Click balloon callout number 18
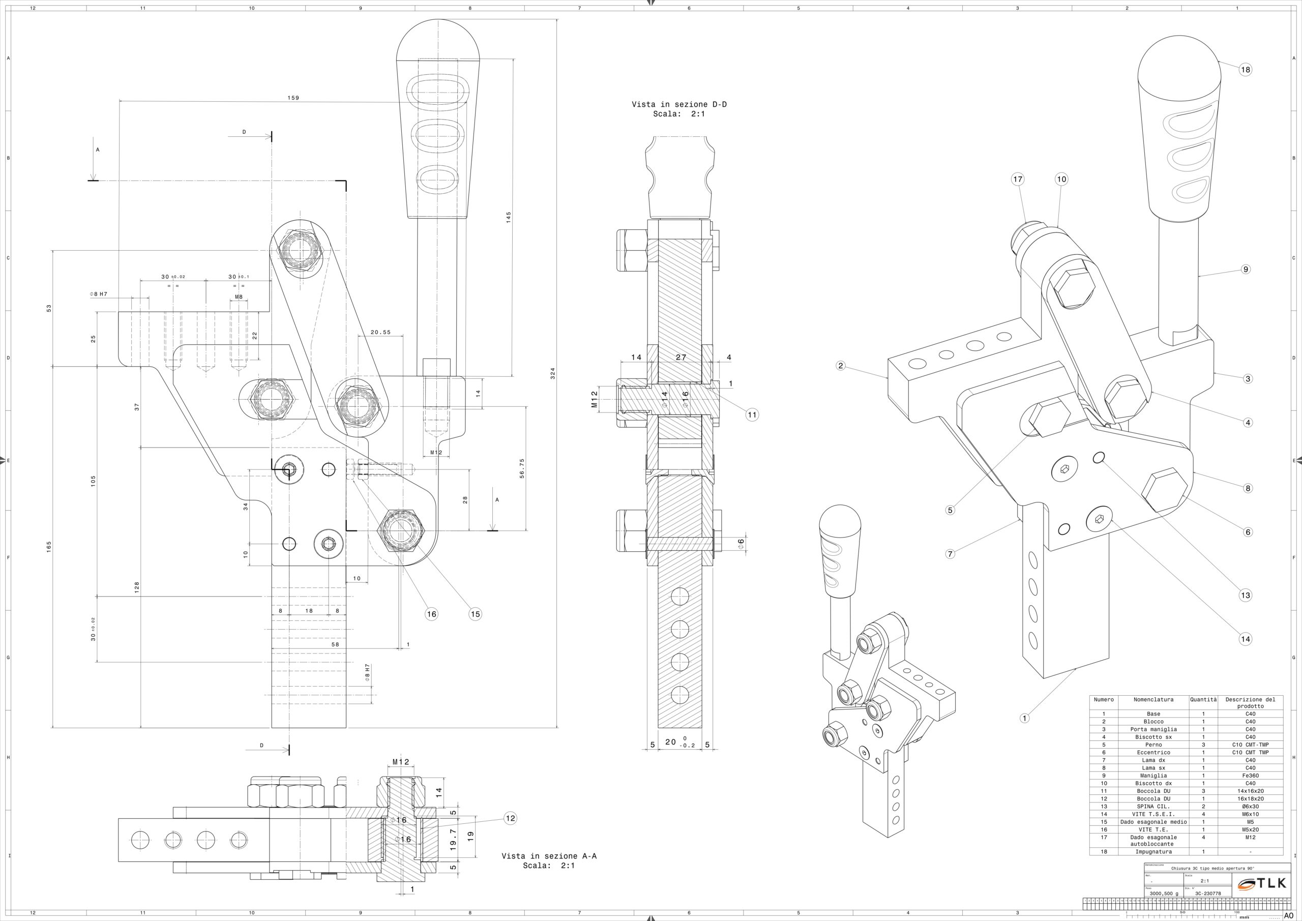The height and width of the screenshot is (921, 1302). (1245, 70)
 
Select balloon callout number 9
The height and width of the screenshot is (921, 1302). (1246, 270)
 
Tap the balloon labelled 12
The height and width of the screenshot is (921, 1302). (510, 818)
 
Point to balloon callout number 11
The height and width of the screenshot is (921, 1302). (752, 414)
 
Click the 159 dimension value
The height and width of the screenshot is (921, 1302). (293, 98)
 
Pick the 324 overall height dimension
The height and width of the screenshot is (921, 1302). (552, 373)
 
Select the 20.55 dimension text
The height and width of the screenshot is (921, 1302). (380, 332)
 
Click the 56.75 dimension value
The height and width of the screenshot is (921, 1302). (522, 468)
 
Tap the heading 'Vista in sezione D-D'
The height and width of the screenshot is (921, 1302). (679, 104)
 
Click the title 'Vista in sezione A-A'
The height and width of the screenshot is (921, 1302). (549, 856)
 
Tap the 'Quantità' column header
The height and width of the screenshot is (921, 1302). (1203, 700)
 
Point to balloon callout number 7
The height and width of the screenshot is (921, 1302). (951, 554)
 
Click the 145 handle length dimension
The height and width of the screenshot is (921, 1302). (509, 217)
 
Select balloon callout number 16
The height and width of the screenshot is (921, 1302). (432, 614)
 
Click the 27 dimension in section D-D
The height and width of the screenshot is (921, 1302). (681, 358)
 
